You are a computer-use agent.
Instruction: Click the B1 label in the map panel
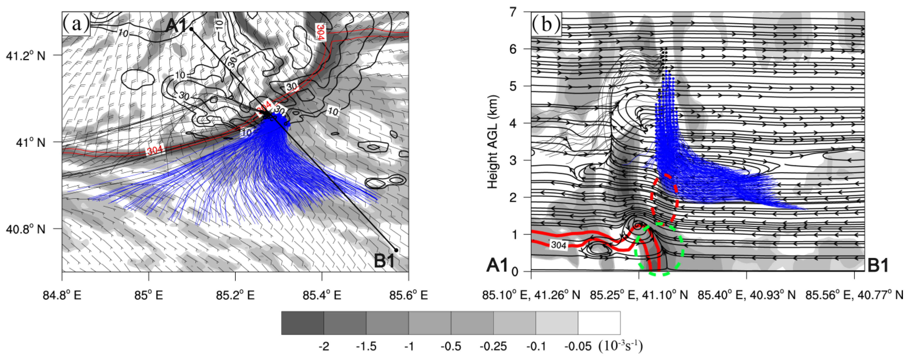click(x=384, y=261)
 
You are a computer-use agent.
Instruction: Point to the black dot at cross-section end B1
click(x=396, y=250)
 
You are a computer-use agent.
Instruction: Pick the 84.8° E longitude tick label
click(x=62, y=295)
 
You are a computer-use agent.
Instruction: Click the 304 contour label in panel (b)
click(x=558, y=245)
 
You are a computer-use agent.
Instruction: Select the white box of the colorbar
click(x=599, y=323)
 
